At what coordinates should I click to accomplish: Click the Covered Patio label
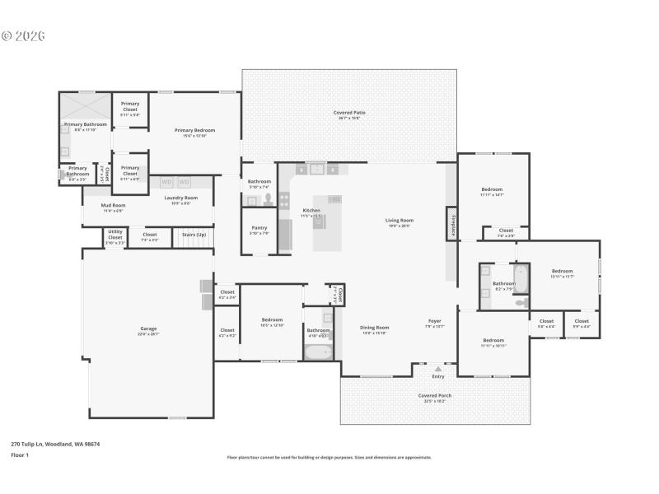pos(349,113)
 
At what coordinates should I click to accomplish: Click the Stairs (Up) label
pos(194,235)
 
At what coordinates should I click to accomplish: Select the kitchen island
pos(328,222)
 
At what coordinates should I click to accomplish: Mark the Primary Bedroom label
pos(194,130)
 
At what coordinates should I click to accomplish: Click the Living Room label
pos(400,221)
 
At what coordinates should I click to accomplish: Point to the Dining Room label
pos(375,328)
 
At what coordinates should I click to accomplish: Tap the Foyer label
pos(435,321)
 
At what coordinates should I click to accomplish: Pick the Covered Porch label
pos(434,396)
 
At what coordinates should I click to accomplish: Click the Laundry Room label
pos(180,198)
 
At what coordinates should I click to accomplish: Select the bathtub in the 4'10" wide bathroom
pos(317,352)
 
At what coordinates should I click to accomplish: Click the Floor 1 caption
pos(20,454)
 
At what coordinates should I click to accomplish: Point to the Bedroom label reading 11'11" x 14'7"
pos(492,190)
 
